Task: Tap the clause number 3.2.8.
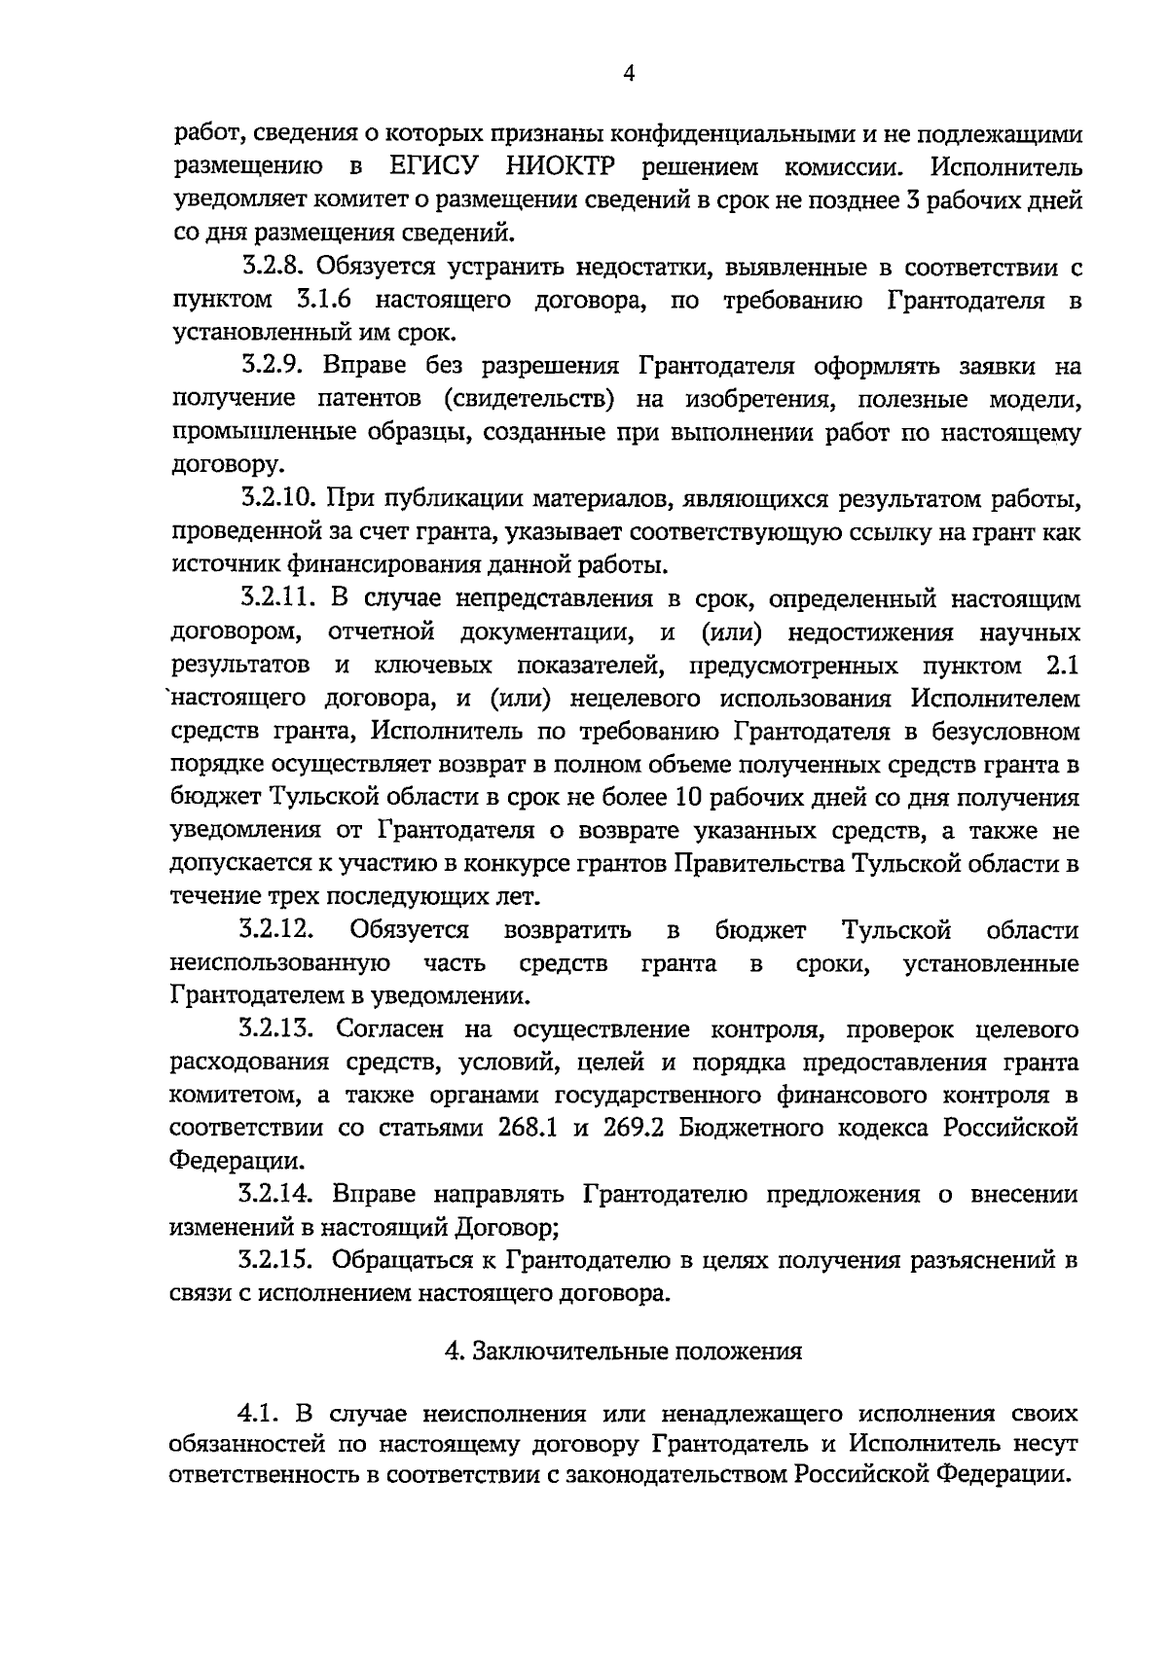[274, 267]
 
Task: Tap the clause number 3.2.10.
[279, 500]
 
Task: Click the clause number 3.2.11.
[279, 599]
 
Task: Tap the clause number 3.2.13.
[279, 1029]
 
